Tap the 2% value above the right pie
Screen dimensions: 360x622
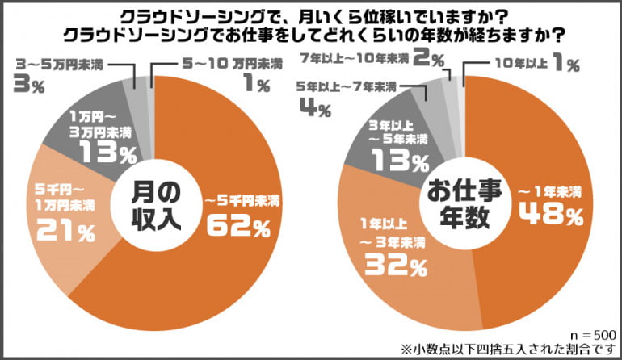pos(422,58)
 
